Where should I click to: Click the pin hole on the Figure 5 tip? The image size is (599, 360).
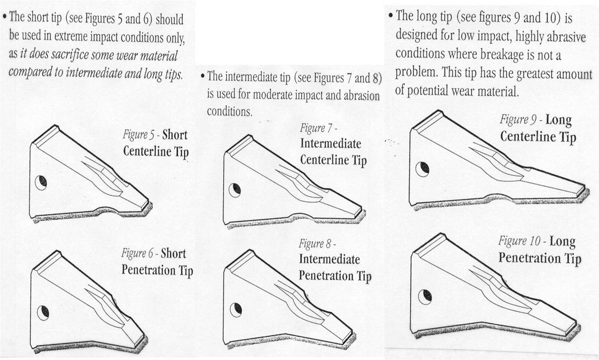click(x=41, y=183)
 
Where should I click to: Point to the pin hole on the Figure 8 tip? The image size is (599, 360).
click(x=236, y=309)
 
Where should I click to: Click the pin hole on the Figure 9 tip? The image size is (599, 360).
click(x=422, y=169)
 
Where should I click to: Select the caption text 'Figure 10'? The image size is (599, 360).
click(x=519, y=241)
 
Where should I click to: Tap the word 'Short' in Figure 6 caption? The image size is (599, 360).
click(x=173, y=253)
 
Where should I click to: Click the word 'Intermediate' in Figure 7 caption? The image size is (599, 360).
click(x=330, y=144)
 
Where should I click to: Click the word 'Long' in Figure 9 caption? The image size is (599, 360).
click(x=558, y=120)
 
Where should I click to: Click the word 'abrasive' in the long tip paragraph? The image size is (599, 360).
click(x=566, y=37)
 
